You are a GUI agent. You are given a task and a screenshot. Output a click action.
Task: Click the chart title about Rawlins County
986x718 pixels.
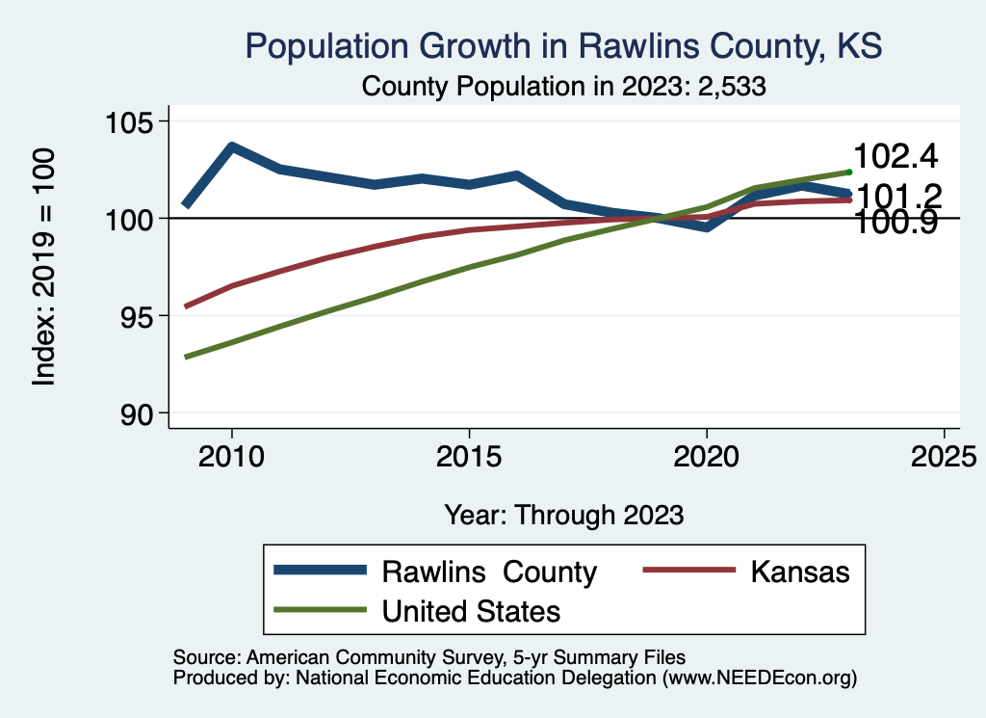(x=563, y=45)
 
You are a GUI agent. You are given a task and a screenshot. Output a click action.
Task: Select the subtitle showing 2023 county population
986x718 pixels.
(x=563, y=86)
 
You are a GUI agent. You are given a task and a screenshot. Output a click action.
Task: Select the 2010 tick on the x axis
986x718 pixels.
(x=231, y=454)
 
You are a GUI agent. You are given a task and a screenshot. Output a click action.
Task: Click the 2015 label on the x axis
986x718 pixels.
(x=469, y=454)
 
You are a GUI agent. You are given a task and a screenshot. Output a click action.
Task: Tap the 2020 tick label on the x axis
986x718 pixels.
(x=707, y=454)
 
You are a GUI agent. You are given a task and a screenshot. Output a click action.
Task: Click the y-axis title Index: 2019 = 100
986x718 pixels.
(x=44, y=268)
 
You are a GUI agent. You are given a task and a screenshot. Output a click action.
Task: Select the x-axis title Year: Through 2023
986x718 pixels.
(x=564, y=515)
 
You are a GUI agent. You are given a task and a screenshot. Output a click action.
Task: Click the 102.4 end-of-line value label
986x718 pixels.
(x=896, y=157)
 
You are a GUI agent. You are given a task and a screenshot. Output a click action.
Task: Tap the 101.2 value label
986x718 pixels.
(x=896, y=197)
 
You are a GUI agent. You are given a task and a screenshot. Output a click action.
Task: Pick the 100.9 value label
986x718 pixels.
(x=896, y=226)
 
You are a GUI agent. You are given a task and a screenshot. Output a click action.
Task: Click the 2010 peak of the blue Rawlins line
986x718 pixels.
(x=231, y=146)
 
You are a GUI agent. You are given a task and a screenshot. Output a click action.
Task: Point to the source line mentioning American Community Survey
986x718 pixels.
(x=428, y=657)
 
